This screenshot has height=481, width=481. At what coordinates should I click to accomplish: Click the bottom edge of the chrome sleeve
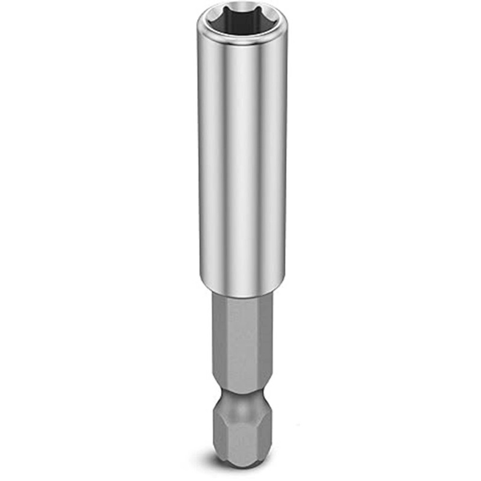[x=242, y=294]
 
